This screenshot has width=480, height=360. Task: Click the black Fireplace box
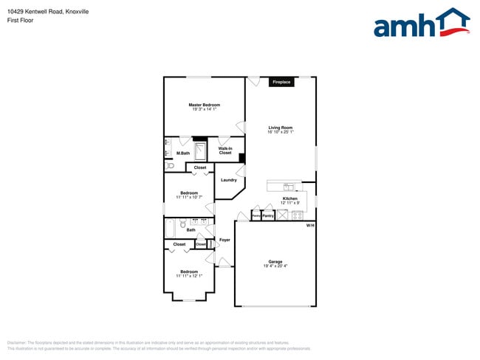[281, 82]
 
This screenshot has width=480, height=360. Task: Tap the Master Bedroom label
[204, 105]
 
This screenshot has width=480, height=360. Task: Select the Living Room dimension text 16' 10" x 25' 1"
[281, 132]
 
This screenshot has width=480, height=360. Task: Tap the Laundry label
[228, 180]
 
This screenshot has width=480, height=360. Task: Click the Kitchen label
[290, 199]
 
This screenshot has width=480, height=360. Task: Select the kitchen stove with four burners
[297, 215]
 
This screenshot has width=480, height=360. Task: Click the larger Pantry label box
[269, 216]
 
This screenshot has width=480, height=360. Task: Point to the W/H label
[310, 225]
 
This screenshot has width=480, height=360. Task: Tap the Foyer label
[224, 240]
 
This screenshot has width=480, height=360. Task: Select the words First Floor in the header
[20, 21]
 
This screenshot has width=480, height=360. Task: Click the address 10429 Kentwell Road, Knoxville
[47, 12]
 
